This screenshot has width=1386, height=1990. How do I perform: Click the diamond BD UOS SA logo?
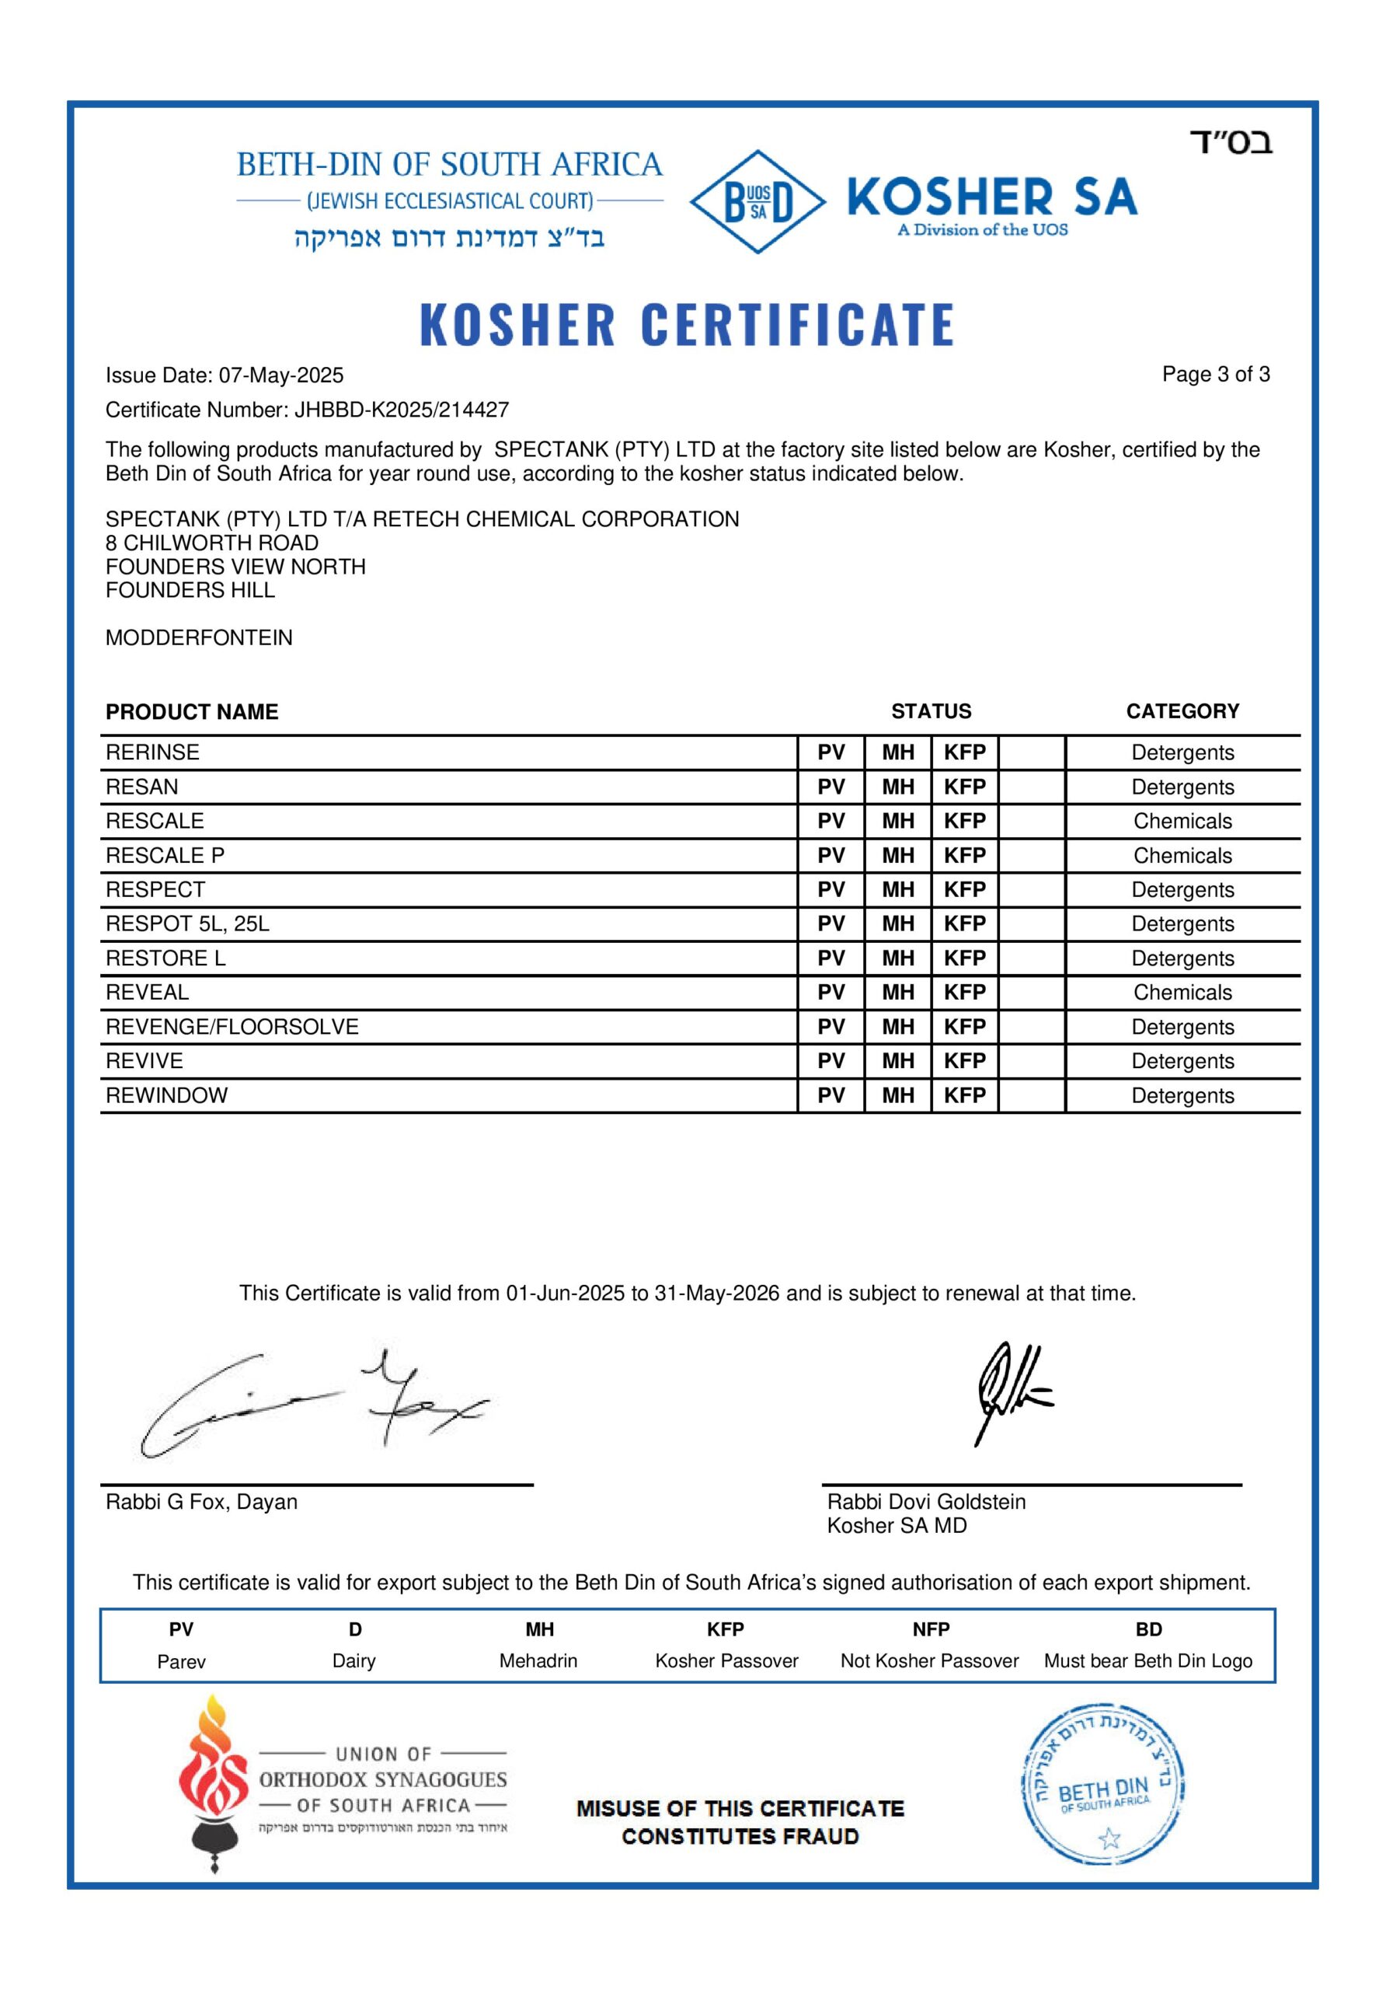click(756, 202)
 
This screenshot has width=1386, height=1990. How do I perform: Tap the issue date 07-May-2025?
click(280, 375)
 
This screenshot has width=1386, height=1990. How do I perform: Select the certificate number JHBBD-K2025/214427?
click(401, 410)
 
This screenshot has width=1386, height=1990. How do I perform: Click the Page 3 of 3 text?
click(1215, 375)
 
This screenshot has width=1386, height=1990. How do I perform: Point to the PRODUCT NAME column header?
click(191, 711)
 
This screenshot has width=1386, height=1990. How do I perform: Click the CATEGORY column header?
click(1182, 711)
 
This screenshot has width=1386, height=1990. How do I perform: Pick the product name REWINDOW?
click(166, 1095)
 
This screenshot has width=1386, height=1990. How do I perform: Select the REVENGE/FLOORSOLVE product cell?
click(232, 1027)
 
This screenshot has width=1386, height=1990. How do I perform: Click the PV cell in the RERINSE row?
click(831, 752)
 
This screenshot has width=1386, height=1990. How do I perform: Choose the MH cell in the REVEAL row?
click(897, 993)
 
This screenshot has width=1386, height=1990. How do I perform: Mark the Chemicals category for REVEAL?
click(1182, 993)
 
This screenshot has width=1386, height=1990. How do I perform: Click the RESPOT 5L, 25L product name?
click(187, 924)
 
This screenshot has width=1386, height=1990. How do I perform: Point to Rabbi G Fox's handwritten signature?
click(312, 1404)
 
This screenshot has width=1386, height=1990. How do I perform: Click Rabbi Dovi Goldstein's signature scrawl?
click(1009, 1391)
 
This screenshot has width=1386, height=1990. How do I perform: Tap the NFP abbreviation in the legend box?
click(931, 1629)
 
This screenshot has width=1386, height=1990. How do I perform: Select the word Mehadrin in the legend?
click(538, 1660)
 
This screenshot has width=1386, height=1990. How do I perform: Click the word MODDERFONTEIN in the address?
click(199, 638)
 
